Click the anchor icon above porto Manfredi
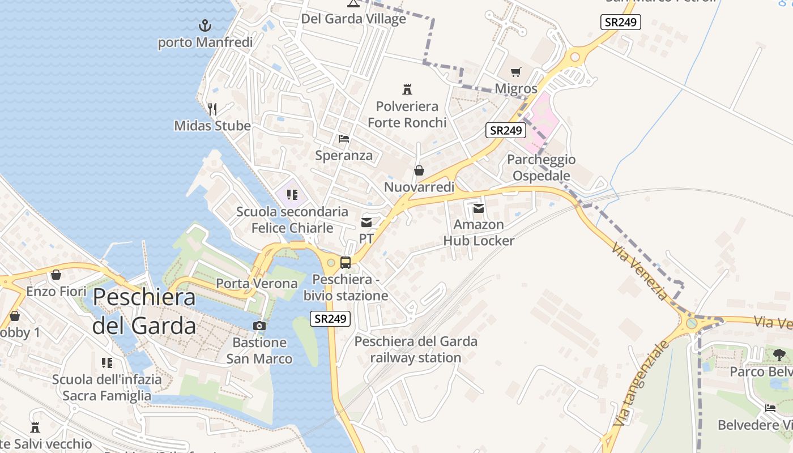click(205, 25)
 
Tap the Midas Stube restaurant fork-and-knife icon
click(212, 109)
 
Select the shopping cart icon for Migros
click(515, 72)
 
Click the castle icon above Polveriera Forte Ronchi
click(407, 89)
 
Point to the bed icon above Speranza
click(344, 138)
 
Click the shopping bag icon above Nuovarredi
click(419, 170)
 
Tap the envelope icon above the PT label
click(366, 223)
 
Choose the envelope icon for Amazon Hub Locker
click(479, 208)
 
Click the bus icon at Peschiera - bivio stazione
click(345, 263)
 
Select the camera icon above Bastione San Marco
click(259, 326)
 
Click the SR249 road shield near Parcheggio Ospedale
click(506, 130)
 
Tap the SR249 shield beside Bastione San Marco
click(330, 318)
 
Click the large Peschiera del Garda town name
click(144, 311)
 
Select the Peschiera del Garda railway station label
click(416, 349)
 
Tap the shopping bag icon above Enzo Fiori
click(56, 275)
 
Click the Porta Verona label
click(257, 283)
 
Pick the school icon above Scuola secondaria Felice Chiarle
click(292, 195)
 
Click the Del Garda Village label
click(353, 19)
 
